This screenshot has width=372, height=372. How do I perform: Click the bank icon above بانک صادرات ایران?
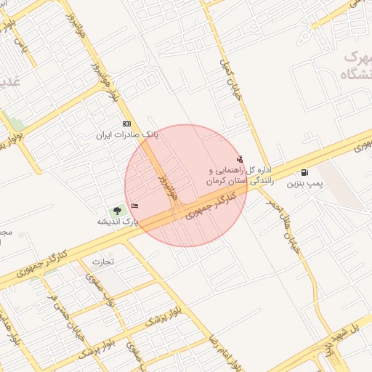(x=127, y=124)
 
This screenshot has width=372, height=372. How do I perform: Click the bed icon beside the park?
(x=134, y=206)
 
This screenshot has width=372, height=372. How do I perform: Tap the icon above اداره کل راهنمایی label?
(x=240, y=159)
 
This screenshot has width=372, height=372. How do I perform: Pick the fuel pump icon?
(x=304, y=173)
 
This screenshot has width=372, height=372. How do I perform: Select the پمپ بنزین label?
(x=304, y=184)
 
